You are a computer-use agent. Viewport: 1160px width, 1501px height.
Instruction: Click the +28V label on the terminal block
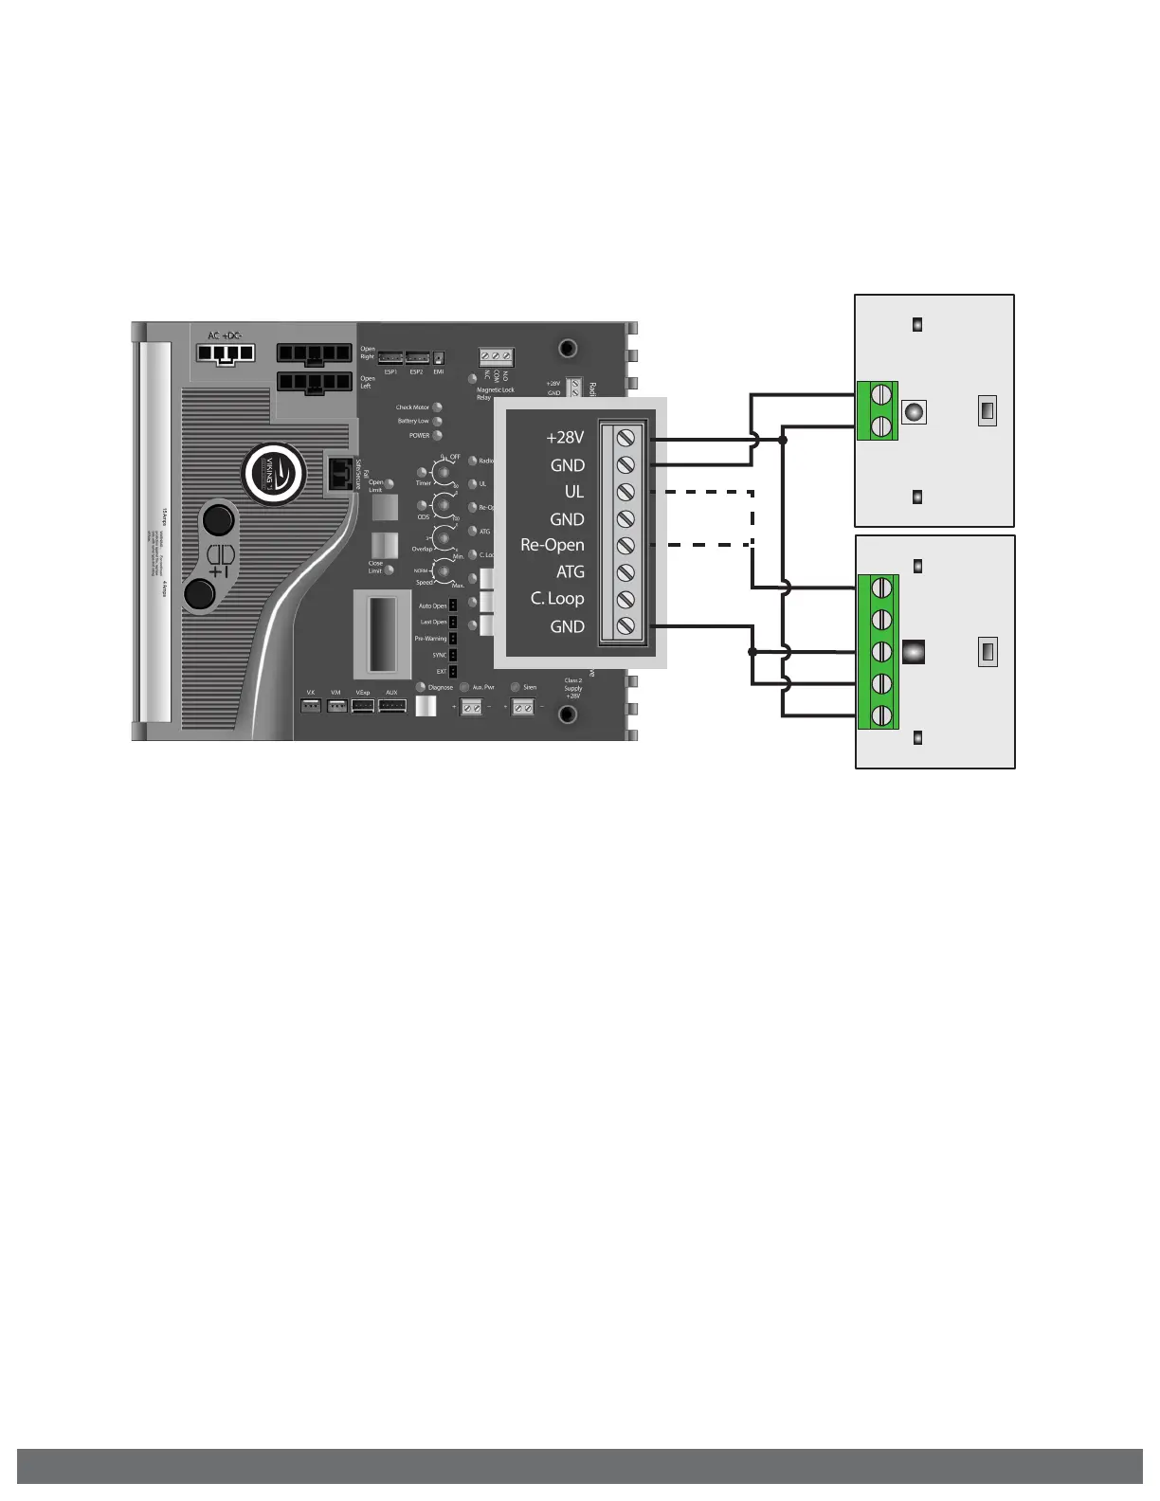[x=565, y=438]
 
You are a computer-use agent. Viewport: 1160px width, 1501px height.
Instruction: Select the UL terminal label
[x=574, y=492]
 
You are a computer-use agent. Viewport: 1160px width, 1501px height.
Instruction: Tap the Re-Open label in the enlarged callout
[x=553, y=545]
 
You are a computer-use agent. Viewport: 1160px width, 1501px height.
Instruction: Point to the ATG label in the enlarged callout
[x=571, y=571]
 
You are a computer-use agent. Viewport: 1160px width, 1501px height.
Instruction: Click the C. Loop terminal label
[x=557, y=598]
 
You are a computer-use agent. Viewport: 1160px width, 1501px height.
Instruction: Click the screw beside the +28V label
[x=625, y=438]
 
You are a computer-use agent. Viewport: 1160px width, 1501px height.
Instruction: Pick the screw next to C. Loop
[x=625, y=599]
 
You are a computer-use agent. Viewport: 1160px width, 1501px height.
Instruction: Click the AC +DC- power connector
[x=226, y=353]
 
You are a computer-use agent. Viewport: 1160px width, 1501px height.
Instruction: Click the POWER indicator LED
[x=438, y=436]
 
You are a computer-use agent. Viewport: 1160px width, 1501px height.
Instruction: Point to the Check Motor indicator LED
[x=438, y=407]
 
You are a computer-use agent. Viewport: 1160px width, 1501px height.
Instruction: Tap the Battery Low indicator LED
[x=438, y=422]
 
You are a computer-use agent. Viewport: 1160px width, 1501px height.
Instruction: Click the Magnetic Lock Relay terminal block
[x=496, y=358]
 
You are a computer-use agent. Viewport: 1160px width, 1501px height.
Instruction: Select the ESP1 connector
[x=390, y=358]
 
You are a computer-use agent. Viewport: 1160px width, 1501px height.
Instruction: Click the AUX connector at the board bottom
[x=392, y=706]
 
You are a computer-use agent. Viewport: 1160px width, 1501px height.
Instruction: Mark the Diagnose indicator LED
[x=422, y=687]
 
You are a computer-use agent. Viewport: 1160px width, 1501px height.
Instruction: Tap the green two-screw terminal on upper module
[x=878, y=411]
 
